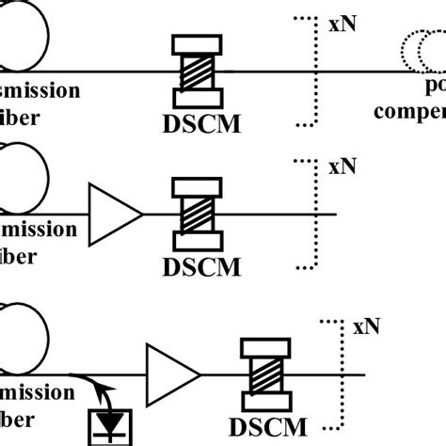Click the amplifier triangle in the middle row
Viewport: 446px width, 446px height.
[114, 215]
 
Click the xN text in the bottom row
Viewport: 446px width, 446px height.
[368, 328]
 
